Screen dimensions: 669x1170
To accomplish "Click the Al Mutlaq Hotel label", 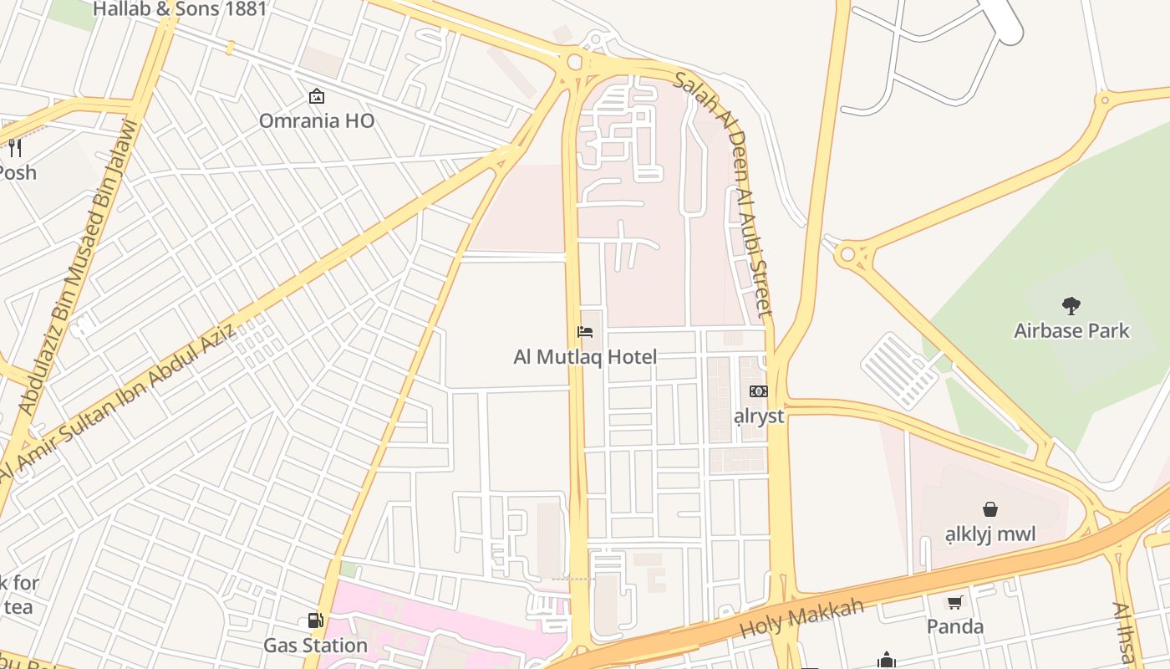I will (585, 357).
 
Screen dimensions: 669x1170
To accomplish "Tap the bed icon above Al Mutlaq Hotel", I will (585, 332).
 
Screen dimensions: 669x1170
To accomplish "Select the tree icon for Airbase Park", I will (1071, 305).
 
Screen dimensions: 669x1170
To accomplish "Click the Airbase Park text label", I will (1071, 330).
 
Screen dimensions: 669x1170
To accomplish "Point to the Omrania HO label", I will (316, 121).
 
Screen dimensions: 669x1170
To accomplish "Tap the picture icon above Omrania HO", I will (316, 96).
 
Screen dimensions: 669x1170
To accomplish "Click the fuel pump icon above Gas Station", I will (315, 620).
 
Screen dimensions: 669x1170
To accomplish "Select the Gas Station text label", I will (315, 646).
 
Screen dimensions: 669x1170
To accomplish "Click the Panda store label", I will (954, 626).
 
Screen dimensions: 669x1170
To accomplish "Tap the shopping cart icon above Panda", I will (954, 602).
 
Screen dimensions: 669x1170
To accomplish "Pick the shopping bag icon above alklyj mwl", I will (990, 508).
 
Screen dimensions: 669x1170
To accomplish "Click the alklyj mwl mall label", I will (990, 534).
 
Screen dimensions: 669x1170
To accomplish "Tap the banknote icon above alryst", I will (759, 391).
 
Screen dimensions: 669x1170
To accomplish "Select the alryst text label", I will (759, 416).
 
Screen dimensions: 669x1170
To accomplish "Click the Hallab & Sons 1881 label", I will (180, 9).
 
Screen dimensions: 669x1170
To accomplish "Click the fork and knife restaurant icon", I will (14, 148).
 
